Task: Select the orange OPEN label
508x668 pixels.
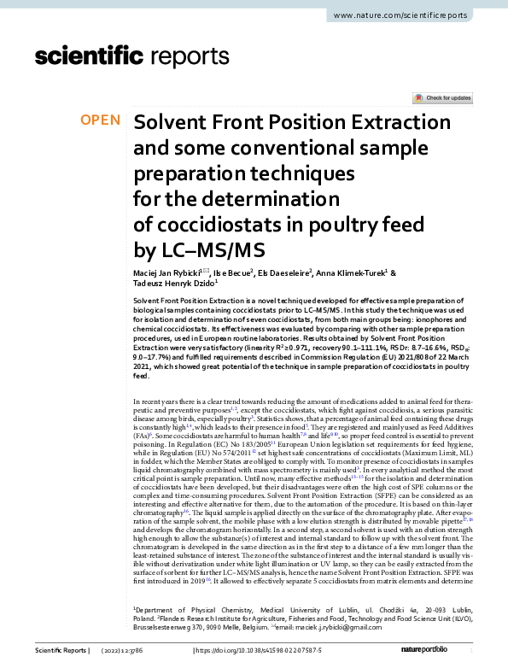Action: pyautogui.click(x=101, y=120)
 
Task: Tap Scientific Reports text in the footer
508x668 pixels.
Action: pyautogui.click(x=60, y=652)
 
